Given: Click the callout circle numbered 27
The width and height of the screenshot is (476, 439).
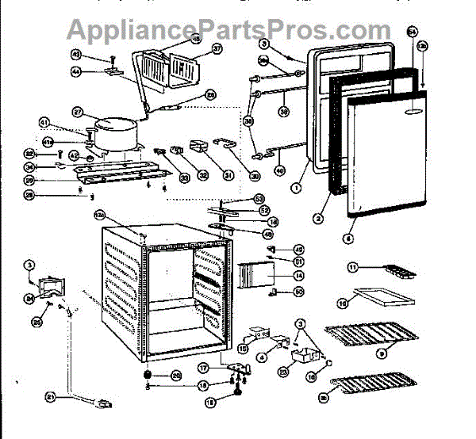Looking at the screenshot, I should click(78, 112).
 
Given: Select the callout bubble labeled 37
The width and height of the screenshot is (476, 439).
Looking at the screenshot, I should click(195, 48).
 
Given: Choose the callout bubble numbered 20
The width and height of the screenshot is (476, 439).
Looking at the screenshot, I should click(175, 375).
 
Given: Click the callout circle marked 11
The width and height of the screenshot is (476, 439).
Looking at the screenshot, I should click(355, 267).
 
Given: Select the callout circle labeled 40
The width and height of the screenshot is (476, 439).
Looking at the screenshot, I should click(279, 170).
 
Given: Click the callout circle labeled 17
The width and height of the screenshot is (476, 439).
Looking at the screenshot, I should click(204, 368).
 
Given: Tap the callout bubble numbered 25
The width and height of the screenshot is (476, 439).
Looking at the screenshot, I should click(36, 322).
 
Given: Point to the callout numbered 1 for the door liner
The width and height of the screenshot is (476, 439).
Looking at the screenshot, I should click(294, 189).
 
